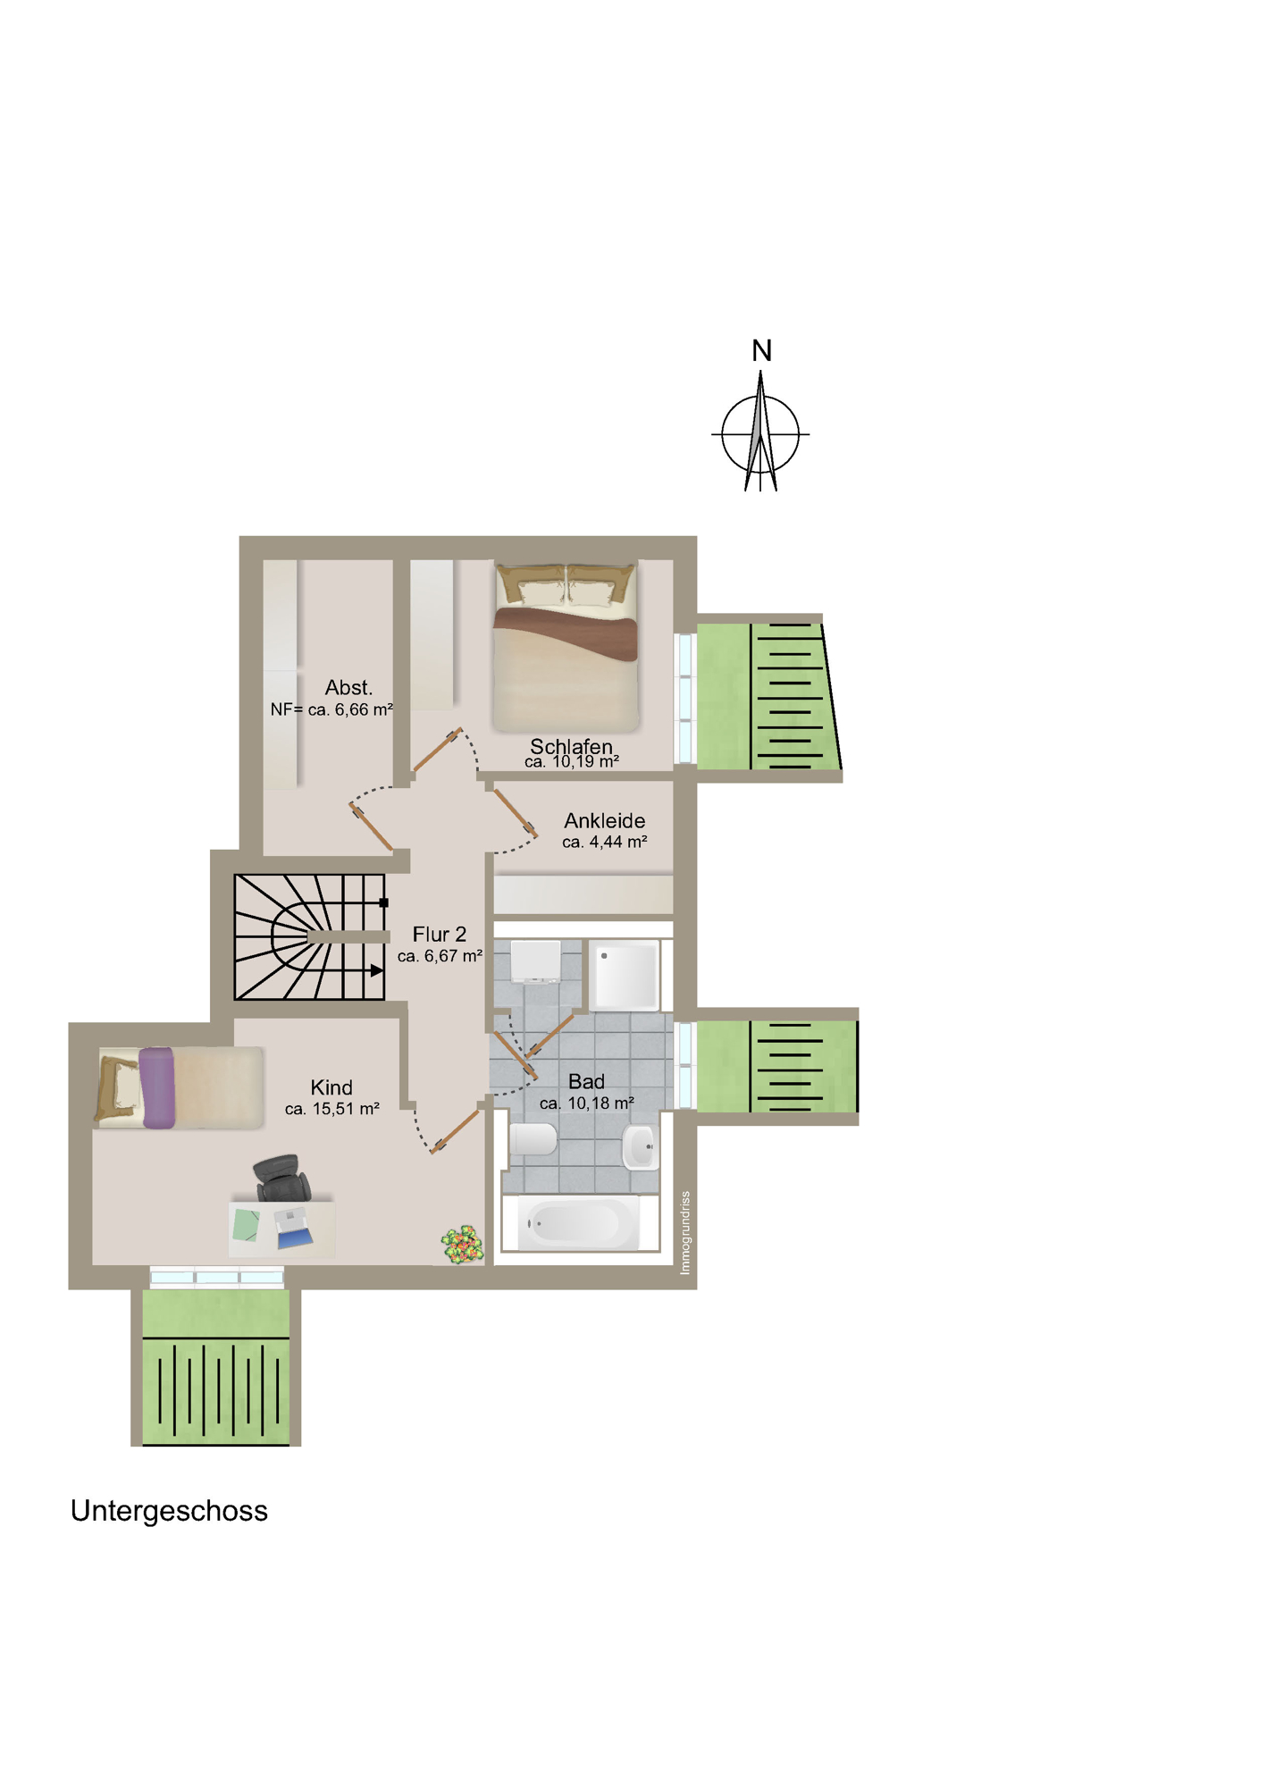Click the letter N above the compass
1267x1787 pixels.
pos(761,351)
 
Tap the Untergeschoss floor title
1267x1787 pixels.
pos(169,1510)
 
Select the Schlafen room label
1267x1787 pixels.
pos(571,746)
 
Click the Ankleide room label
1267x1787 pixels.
pos(604,820)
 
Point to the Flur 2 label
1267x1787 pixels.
pos(439,934)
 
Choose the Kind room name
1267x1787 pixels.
pos(331,1087)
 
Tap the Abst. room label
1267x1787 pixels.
pos(348,687)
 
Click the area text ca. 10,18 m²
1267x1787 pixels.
pos(587,1103)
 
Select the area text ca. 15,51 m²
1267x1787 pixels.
pos(332,1109)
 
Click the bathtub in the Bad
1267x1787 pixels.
pos(578,1223)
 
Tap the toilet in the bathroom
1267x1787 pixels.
pos(533,1139)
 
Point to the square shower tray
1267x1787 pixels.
pos(625,975)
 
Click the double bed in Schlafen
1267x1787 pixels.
pos(566,647)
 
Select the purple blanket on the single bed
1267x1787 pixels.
pos(157,1087)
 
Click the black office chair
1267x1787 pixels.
pos(282,1178)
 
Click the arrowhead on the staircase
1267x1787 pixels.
pos(377,969)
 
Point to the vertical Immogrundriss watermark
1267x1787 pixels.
pos(685,1232)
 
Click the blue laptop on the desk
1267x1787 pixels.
pos(294,1229)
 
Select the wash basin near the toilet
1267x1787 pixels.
pos(641,1146)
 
